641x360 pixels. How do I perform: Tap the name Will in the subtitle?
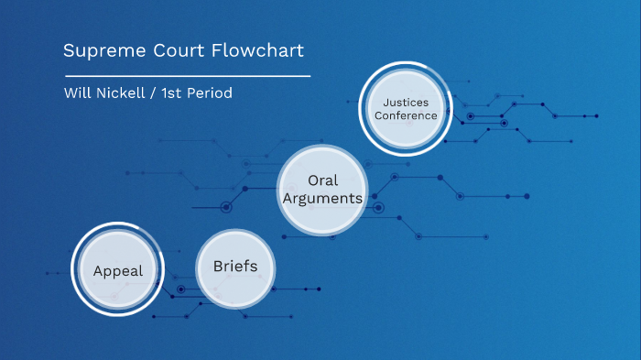click(76, 93)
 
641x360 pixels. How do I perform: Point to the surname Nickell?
click(120, 93)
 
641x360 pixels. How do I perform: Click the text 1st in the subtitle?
click(172, 93)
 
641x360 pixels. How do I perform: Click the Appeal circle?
click(117, 270)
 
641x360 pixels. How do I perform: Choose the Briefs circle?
click(235, 267)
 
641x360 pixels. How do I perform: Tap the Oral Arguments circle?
click(322, 190)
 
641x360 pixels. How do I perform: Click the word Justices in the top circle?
click(404, 102)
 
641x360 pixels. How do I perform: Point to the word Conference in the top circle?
click(404, 116)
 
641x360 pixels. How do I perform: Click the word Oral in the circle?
click(322, 180)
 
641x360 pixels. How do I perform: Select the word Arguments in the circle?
click(322, 198)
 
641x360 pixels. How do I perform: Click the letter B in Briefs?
click(218, 267)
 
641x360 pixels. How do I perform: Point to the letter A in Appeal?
click(98, 270)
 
